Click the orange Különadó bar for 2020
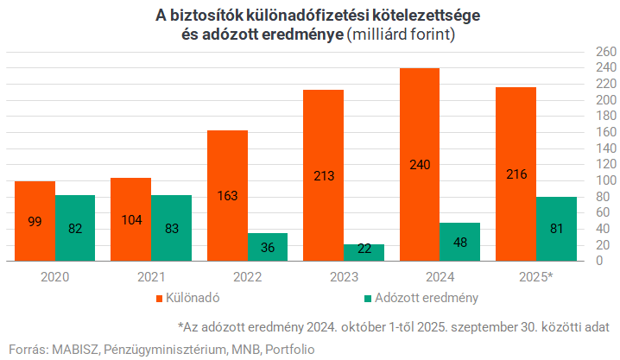coord(35,221)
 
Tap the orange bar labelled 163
coord(228,196)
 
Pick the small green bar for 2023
coord(364,252)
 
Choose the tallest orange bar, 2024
coord(421,164)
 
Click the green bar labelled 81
coord(557,229)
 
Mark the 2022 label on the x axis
coord(248,277)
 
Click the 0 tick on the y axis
coord(598,262)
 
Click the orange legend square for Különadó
coord(160,299)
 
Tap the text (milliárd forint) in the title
coord(402,36)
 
